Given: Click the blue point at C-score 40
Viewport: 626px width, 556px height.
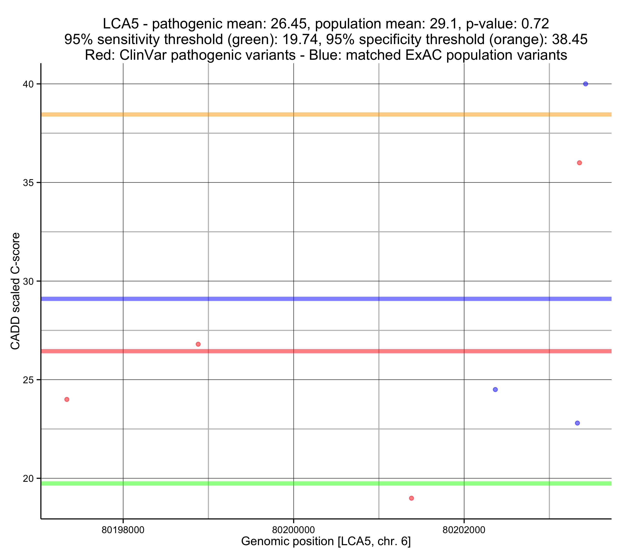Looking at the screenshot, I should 585,84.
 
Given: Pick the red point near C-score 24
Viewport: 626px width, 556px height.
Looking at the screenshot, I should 67,399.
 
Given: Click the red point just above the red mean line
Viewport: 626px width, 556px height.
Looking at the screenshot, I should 198,344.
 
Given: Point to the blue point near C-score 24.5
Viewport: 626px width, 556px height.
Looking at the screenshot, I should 495,390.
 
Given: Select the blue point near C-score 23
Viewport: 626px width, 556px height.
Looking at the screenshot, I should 577,423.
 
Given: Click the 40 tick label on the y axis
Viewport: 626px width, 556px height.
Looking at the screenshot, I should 28,84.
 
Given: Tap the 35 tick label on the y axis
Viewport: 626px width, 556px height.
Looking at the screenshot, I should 28,183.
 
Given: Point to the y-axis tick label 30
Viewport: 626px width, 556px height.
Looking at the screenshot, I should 28,281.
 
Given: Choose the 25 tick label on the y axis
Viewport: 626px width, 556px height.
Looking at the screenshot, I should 28,380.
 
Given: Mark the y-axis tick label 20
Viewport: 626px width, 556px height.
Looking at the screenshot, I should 28,479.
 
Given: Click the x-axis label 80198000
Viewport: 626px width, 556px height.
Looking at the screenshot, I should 123,530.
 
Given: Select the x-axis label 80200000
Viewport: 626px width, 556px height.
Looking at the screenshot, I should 293,530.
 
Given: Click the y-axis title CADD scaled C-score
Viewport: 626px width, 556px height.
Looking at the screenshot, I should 15,291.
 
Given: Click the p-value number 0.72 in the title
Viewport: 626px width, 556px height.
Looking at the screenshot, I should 535,24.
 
